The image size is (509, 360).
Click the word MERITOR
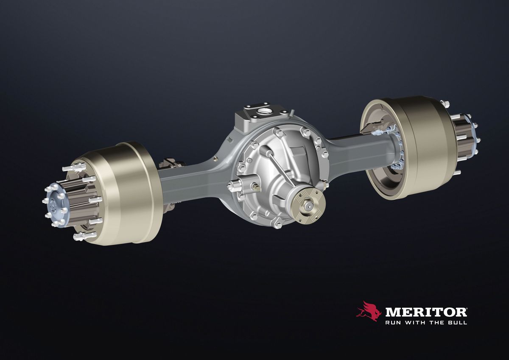[426, 312]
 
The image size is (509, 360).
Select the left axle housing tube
[193, 179]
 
